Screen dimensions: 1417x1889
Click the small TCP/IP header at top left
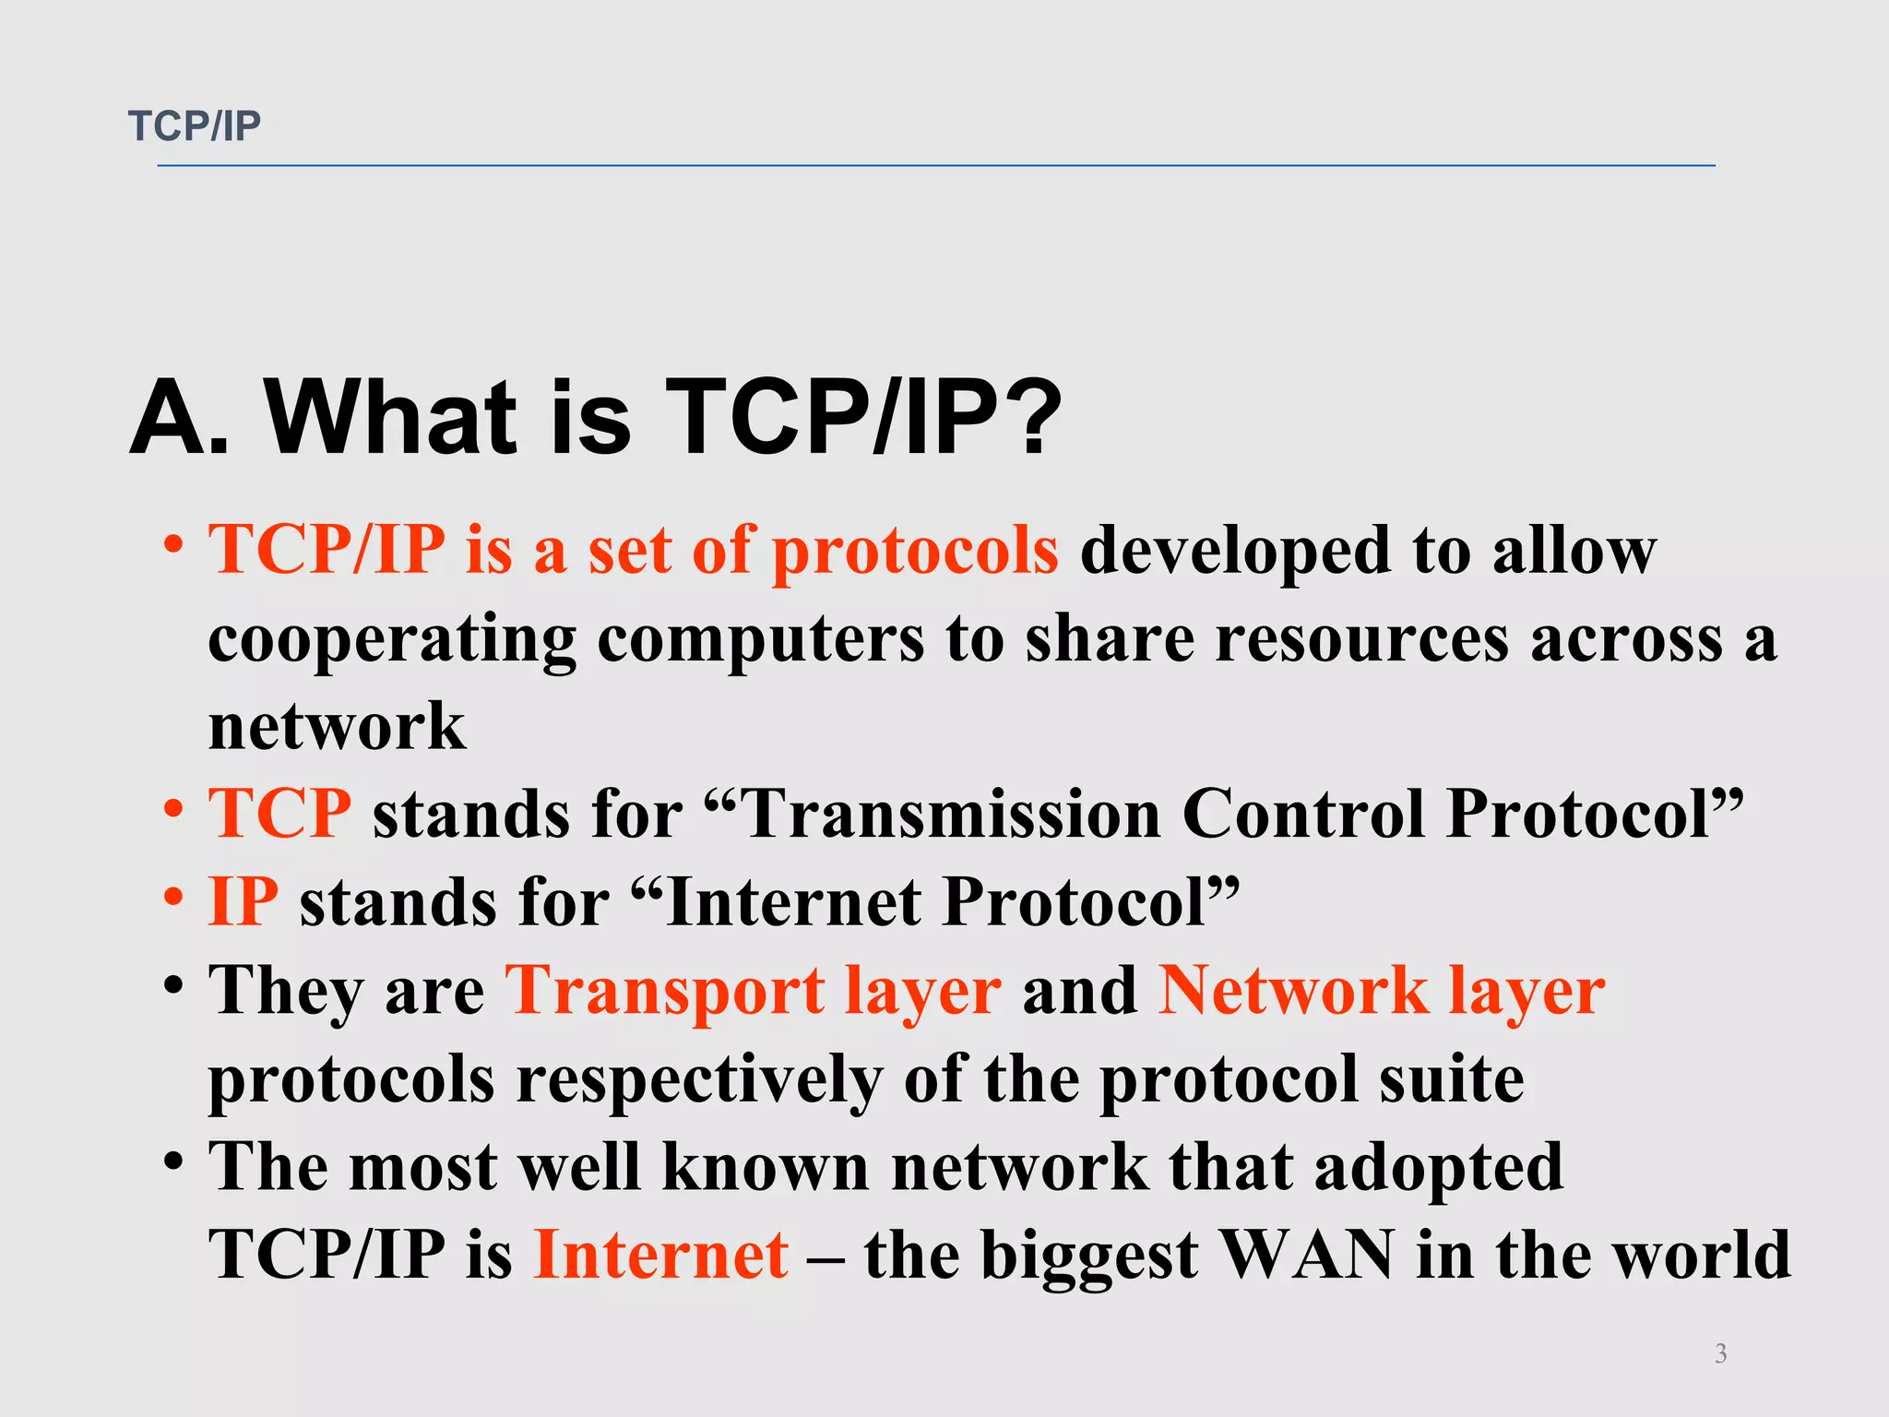click(195, 126)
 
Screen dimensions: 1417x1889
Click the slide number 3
click(1720, 1353)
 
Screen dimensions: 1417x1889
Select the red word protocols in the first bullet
click(914, 552)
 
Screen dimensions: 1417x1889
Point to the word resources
click(1360, 638)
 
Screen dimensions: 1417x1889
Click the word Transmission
click(950, 815)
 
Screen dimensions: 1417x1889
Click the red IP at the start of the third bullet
click(243, 902)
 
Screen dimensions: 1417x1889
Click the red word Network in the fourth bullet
click(1292, 991)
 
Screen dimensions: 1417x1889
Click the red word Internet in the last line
click(660, 1256)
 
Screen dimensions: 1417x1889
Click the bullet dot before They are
click(173, 985)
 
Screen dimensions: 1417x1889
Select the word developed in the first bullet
click(1235, 552)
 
